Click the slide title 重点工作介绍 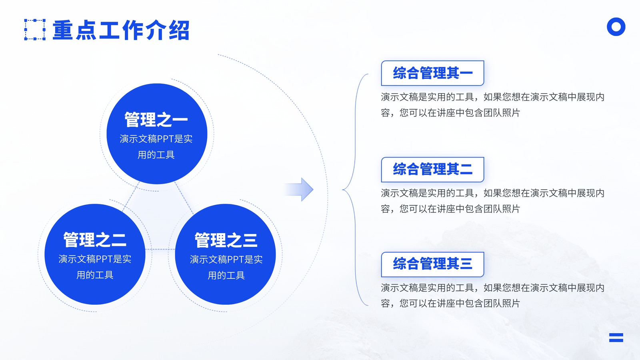[x=121, y=30]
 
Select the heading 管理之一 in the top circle [x=156, y=120]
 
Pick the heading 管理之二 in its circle [x=94, y=240]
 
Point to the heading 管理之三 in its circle [x=226, y=240]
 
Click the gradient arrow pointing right [x=299, y=190]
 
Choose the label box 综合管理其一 [x=432, y=73]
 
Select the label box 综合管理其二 [x=432, y=170]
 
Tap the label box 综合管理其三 [x=432, y=264]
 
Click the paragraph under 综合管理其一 [x=492, y=105]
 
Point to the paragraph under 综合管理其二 [x=492, y=201]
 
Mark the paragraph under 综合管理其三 [x=492, y=296]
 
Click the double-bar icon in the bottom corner [x=616, y=338]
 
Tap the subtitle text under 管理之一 [x=156, y=147]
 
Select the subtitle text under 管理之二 [x=94, y=267]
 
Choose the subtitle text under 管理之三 [x=226, y=268]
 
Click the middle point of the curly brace [x=343, y=190]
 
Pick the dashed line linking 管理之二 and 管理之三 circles [x=160, y=249]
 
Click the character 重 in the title [x=63, y=30]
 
